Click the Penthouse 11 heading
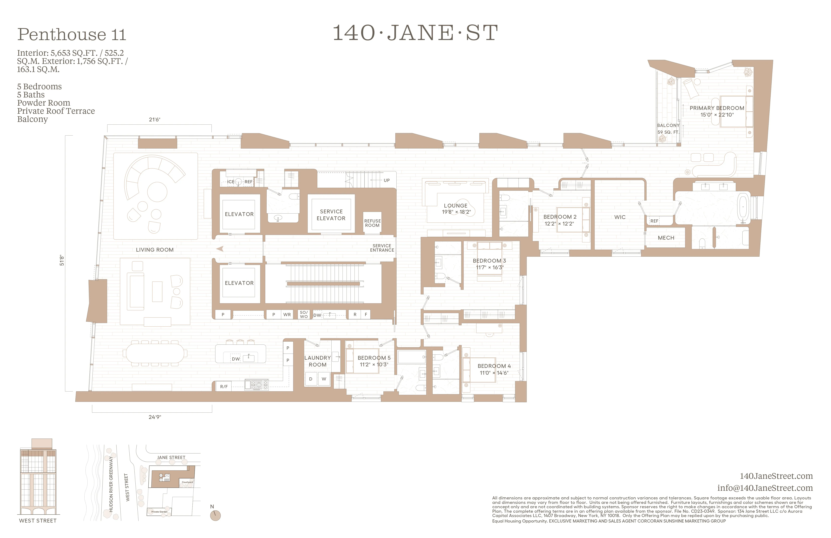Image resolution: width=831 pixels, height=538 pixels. pos(72,34)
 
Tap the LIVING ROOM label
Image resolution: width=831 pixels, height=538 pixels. pos(155,250)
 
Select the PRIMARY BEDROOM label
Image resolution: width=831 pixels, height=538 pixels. pos(717,108)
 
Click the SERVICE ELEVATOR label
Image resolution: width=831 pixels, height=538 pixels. pos(331,215)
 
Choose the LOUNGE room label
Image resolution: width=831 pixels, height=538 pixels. pos(456,206)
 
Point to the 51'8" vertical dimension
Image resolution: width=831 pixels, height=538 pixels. pos(62,260)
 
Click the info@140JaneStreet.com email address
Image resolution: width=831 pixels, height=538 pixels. pos(765,488)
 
